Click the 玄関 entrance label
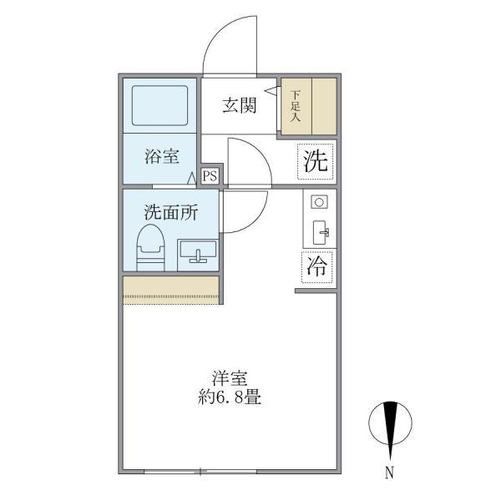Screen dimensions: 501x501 coord(238,106)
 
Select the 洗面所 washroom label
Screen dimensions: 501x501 coord(170,212)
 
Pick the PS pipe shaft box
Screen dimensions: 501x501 coord(210,175)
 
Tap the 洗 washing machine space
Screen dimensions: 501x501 coord(316,162)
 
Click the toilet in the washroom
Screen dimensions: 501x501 coord(150,247)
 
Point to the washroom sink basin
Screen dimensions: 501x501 coord(197,250)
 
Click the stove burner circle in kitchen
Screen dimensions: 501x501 coord(318,202)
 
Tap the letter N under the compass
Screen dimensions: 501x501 coord(388,473)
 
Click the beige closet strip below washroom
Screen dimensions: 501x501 coord(171,288)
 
